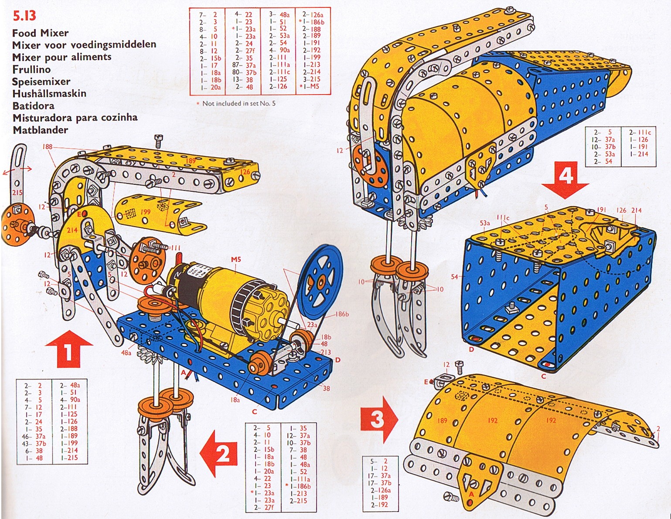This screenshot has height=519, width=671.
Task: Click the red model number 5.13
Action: click(x=24, y=16)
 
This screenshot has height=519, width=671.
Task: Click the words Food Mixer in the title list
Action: click(x=40, y=33)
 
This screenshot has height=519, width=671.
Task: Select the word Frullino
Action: click(x=31, y=69)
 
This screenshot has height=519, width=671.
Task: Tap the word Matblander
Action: click(x=40, y=130)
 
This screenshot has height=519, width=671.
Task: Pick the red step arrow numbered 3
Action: click(x=379, y=419)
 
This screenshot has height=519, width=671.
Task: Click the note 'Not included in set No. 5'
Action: click(x=238, y=103)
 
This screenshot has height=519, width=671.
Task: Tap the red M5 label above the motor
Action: click(x=236, y=260)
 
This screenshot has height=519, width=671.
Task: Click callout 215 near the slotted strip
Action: click(x=17, y=192)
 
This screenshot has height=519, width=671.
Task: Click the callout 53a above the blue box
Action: click(x=484, y=223)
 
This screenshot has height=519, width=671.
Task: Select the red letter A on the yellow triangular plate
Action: click(x=470, y=494)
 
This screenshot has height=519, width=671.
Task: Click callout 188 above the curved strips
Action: click(x=47, y=147)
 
